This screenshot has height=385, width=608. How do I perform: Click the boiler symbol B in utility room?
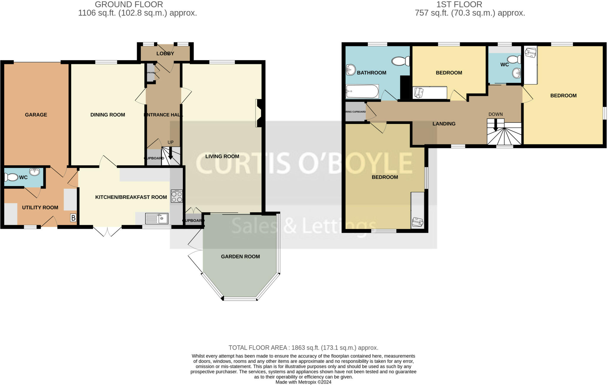point(73,218)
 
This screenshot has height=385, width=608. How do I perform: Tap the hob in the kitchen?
point(177,196)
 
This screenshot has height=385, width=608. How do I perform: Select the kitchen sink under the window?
point(157,219)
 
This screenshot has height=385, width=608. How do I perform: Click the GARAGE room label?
point(36,115)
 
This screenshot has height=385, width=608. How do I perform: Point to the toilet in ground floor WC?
point(11,177)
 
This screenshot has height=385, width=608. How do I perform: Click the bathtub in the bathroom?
point(362,92)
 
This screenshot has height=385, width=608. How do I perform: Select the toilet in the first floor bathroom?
point(400,61)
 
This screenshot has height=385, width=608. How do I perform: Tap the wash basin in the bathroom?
point(351,70)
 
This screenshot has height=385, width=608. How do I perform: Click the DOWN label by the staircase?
point(495,114)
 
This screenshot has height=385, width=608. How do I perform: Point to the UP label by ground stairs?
point(170,142)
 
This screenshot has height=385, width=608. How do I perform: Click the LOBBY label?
point(165,54)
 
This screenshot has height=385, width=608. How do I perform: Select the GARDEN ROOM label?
point(240,257)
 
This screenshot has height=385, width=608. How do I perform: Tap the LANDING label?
point(444,124)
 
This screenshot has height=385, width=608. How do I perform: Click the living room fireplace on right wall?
point(258,113)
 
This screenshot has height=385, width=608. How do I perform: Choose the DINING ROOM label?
point(107,115)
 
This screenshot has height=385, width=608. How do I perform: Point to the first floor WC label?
point(504,65)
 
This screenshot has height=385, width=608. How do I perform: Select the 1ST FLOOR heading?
point(459,4)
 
